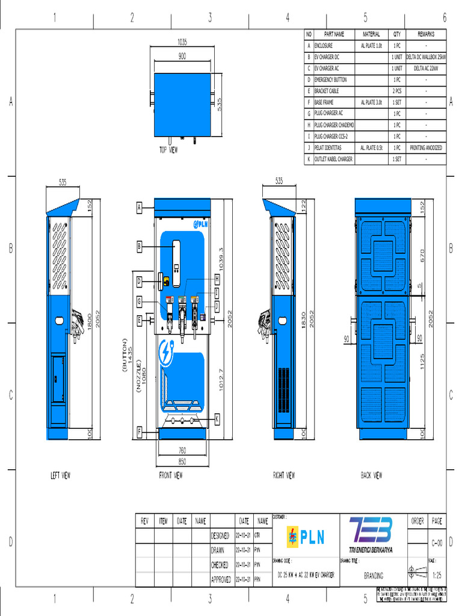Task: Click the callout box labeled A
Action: click(139, 208)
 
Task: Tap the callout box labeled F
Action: click(139, 431)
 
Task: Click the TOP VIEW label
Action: click(168, 150)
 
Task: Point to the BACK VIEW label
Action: click(371, 475)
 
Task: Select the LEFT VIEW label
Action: click(60, 475)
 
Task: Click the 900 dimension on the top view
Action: click(182, 56)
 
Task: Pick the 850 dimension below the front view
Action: click(182, 461)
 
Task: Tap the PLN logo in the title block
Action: click(305, 536)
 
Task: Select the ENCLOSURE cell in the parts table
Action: click(323, 46)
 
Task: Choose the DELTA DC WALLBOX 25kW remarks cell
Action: click(426, 57)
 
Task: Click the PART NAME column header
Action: click(334, 34)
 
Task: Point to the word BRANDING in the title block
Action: click(373, 576)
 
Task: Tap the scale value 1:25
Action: click(437, 575)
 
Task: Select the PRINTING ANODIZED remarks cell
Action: click(426, 148)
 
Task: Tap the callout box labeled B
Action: click(139, 246)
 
